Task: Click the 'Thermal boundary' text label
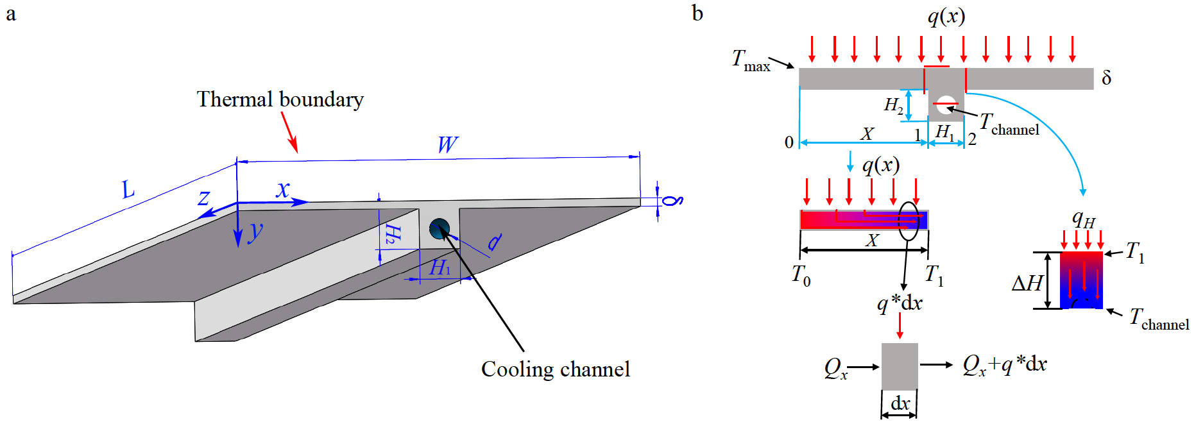tap(280, 99)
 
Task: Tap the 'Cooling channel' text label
tap(555, 369)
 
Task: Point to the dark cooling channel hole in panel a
tap(440, 228)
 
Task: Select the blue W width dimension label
tap(447, 144)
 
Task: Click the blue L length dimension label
tap(128, 189)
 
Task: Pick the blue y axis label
tap(255, 231)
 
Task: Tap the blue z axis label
tap(203, 198)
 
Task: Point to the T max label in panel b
tap(750, 60)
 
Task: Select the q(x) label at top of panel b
tap(946, 16)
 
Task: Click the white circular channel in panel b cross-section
tap(945, 105)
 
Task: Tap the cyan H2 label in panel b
tap(893, 105)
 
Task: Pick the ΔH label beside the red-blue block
tap(1027, 283)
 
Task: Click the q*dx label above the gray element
tap(900, 303)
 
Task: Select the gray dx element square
tap(900, 366)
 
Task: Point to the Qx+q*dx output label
tap(1004, 365)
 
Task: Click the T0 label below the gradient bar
tap(801, 275)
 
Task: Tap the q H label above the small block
tap(1083, 219)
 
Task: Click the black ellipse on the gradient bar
tap(908, 221)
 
